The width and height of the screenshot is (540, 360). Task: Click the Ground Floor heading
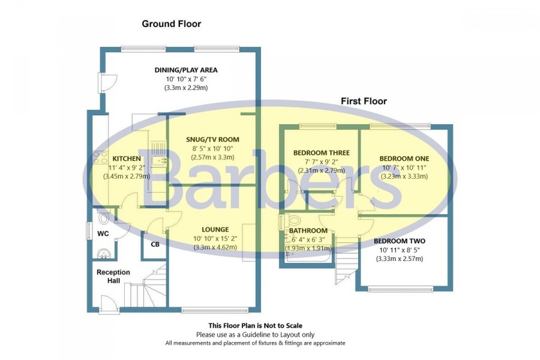171,24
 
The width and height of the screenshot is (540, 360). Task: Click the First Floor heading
364,101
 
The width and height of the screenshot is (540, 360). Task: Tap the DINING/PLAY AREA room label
186,70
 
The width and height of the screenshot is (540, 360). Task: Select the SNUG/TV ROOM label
212,140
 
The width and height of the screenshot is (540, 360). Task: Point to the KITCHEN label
127,159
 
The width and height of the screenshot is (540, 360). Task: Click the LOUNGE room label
215,229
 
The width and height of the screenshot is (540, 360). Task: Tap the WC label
103,233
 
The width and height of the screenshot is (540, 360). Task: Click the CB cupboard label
155,244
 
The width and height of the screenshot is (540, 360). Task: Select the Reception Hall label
113,276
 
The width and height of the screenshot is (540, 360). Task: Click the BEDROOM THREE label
322,152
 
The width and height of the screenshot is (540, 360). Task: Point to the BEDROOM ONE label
404,158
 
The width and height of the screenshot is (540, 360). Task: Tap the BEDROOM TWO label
400,241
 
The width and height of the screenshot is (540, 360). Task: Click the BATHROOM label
308,230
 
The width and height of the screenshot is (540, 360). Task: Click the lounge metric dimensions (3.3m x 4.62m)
215,247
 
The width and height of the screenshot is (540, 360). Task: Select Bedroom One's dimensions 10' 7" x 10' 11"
404,168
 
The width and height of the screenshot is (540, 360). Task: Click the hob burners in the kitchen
100,157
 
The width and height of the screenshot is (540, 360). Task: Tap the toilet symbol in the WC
103,217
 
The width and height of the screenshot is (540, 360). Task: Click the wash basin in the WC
103,254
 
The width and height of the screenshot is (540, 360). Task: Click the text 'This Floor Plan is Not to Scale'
255,326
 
